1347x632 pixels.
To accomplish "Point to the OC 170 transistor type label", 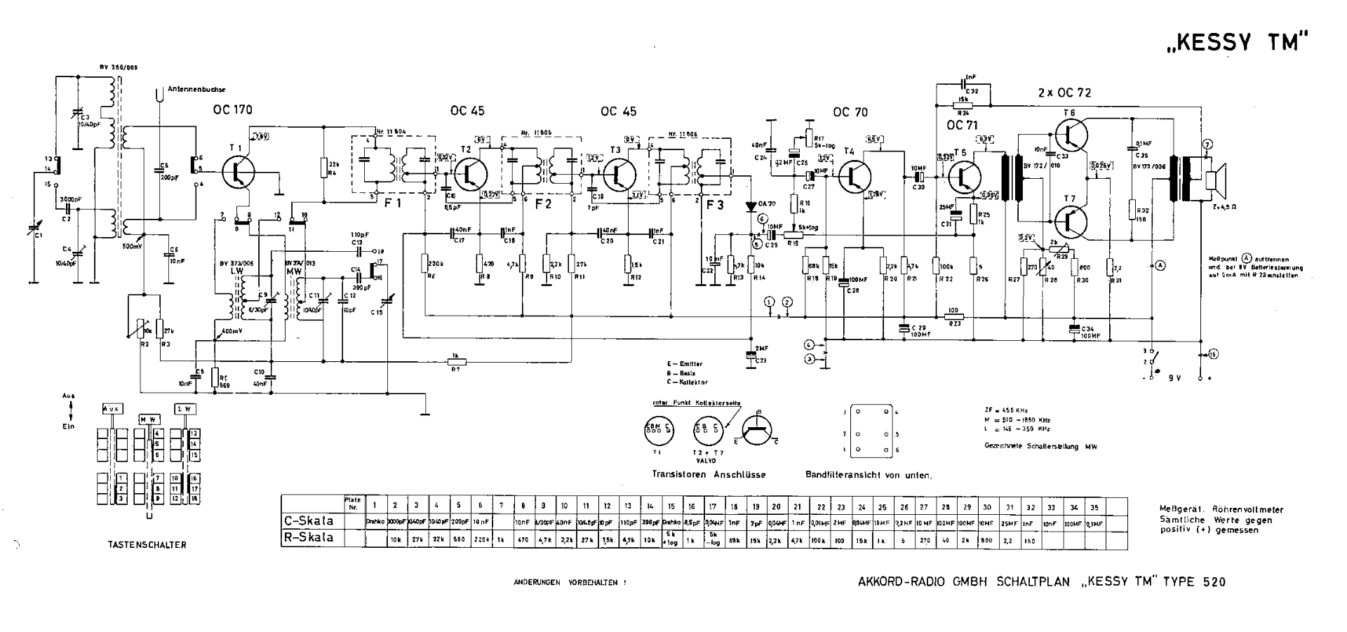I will pyautogui.click(x=232, y=110).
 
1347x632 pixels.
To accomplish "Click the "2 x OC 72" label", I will pyautogui.click(x=1064, y=93).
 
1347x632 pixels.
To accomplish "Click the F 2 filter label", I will pyautogui.click(x=544, y=204).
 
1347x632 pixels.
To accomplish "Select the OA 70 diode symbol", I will pyautogui.click(x=751, y=206).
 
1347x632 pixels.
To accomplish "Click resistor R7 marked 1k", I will pyautogui.click(x=457, y=362).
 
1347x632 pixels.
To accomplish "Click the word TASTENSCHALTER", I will pyautogui.click(x=147, y=544).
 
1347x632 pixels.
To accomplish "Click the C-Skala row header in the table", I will pyautogui.click(x=309, y=520).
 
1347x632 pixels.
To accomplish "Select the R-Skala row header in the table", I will pyautogui.click(x=309, y=538).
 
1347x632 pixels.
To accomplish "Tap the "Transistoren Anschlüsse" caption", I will pyautogui.click(x=709, y=475).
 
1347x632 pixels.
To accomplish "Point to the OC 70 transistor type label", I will pyautogui.click(x=850, y=112).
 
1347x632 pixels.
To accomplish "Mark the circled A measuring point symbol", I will pyautogui.click(x=1160, y=265).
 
